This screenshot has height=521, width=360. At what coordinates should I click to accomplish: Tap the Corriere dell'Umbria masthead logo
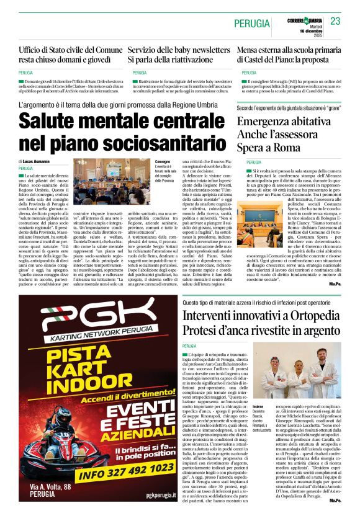(304, 19)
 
